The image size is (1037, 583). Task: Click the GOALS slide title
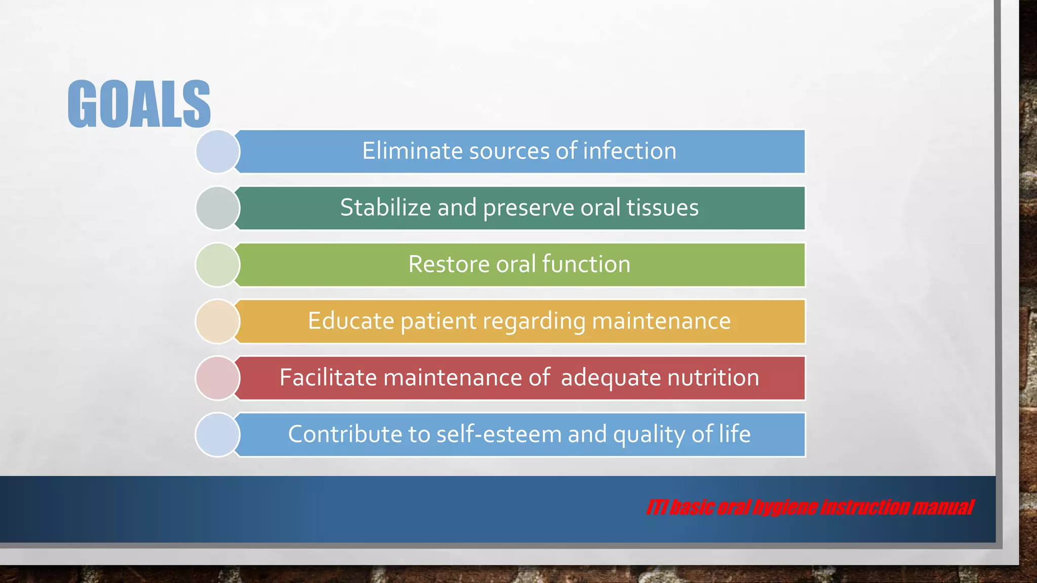pyautogui.click(x=139, y=104)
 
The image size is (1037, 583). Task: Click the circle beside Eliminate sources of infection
pyautogui.click(x=218, y=151)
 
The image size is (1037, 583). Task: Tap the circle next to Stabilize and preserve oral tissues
pyautogui.click(x=218, y=208)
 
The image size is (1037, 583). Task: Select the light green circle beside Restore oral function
pyautogui.click(x=218, y=265)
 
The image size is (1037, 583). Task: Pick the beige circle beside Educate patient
pyautogui.click(x=218, y=321)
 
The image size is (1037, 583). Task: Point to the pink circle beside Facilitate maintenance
pyautogui.click(x=218, y=378)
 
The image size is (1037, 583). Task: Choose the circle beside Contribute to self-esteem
pyautogui.click(x=218, y=435)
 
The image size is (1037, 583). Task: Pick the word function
pyautogui.click(x=586, y=264)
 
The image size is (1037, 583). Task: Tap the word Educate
pyautogui.click(x=351, y=321)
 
